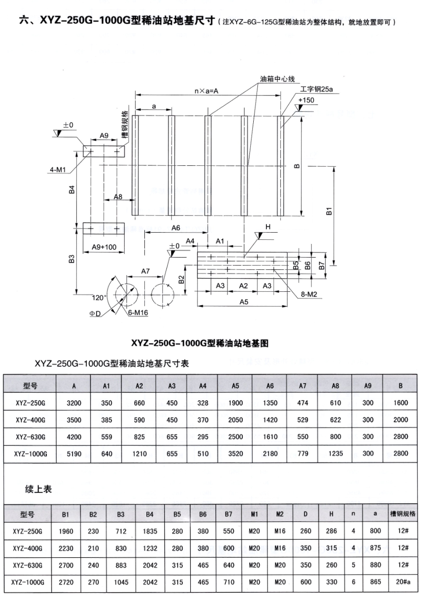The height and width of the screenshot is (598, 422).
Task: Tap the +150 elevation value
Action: pos(305,100)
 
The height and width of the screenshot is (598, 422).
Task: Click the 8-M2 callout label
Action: pos(310,295)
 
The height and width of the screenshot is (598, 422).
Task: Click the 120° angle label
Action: pos(99,297)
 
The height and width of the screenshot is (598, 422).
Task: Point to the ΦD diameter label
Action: pos(96,313)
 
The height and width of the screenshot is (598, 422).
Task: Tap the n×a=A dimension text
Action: pos(206,91)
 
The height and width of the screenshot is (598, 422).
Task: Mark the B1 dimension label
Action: pos(329,212)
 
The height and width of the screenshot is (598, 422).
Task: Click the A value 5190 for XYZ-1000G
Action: pos(74,453)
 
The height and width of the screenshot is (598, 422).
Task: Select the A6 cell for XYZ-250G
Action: pos(269,402)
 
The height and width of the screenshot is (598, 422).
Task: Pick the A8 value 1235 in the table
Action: pos(335,453)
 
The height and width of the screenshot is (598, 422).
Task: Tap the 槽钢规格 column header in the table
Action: pos(403,514)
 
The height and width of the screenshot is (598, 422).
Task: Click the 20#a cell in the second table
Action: pos(403,582)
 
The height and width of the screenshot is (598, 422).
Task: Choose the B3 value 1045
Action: pos(121,582)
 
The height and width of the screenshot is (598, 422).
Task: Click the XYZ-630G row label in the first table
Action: pos(30,436)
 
